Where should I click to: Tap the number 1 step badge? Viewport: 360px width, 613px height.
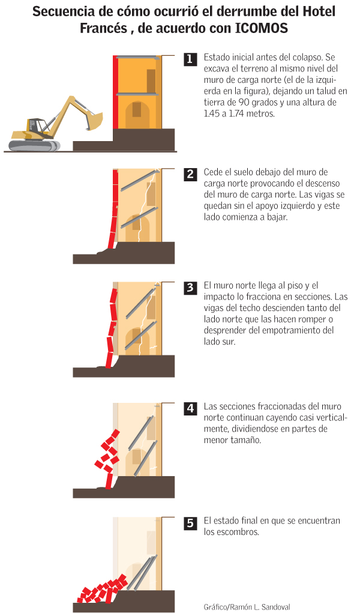pos(190,59)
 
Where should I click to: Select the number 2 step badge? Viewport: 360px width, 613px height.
pos(190,174)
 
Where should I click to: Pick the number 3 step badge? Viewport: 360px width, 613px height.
pos(190,287)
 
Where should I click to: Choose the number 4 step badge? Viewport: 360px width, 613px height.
pos(190,408)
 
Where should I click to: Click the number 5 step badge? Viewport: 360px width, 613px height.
pos(190,523)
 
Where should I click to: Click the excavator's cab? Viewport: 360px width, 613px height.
pos(36,126)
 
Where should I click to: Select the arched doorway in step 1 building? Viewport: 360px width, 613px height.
pos(137,114)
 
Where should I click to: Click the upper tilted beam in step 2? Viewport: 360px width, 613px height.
pos(139,181)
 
